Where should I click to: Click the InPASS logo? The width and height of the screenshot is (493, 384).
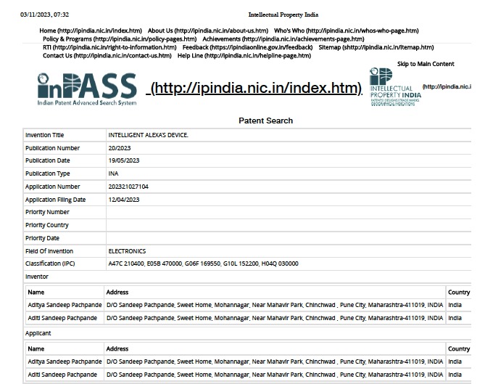coord(87,89)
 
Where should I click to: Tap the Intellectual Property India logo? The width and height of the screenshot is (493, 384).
coord(394,87)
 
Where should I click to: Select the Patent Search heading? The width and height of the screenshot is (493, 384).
coord(265,120)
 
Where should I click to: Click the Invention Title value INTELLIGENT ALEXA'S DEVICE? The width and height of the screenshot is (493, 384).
coord(148,135)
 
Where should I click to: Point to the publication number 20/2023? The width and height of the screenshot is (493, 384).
coord(120,148)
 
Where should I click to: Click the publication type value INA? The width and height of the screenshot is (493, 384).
coord(113,173)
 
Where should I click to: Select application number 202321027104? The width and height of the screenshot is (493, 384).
coord(128,187)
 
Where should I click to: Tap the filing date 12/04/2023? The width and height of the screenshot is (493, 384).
coord(124,200)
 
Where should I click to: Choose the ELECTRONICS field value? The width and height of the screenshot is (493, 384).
coord(127,251)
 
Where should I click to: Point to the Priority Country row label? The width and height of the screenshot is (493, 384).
coord(47,225)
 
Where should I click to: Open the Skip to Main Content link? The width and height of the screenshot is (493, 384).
coord(426,64)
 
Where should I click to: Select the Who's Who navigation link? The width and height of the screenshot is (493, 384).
coord(346,30)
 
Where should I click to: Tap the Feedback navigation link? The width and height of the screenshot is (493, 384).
coord(247,47)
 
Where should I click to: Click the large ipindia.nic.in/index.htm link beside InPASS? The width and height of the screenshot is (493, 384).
coord(256,89)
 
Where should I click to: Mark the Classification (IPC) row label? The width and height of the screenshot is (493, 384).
coord(50,264)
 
